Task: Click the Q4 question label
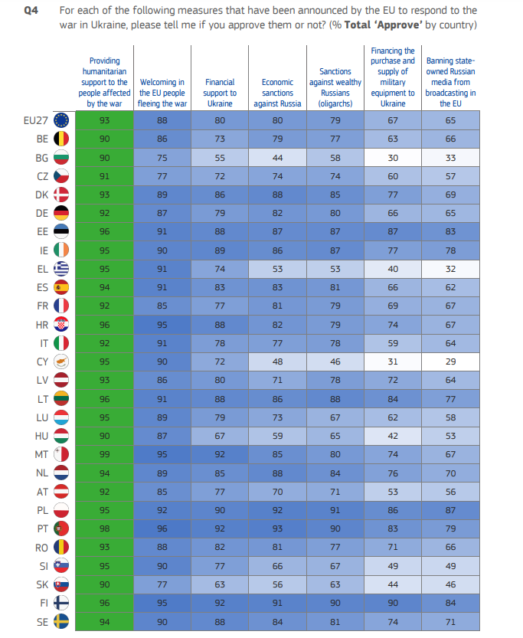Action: [31, 10]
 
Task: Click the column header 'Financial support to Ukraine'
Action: [220, 93]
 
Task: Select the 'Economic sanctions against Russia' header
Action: [277, 93]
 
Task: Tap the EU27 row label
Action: [36, 120]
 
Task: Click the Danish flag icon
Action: [61, 195]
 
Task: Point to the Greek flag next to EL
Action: [61, 269]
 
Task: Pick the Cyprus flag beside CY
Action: [61, 362]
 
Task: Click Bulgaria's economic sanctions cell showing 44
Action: [277, 158]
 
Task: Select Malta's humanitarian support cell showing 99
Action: [104, 454]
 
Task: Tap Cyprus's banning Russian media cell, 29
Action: [450, 362]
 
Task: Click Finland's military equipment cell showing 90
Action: [393, 603]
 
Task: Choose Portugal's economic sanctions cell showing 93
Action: [277, 528]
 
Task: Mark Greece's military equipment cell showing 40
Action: [393, 269]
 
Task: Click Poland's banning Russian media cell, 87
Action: [450, 510]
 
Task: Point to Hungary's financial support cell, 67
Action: [220, 436]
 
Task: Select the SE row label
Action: [42, 622]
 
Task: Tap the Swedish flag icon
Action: [61, 621]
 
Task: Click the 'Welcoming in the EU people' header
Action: [162, 87]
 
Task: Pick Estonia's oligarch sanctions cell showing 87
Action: [335, 231]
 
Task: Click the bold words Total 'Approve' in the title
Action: [383, 25]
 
